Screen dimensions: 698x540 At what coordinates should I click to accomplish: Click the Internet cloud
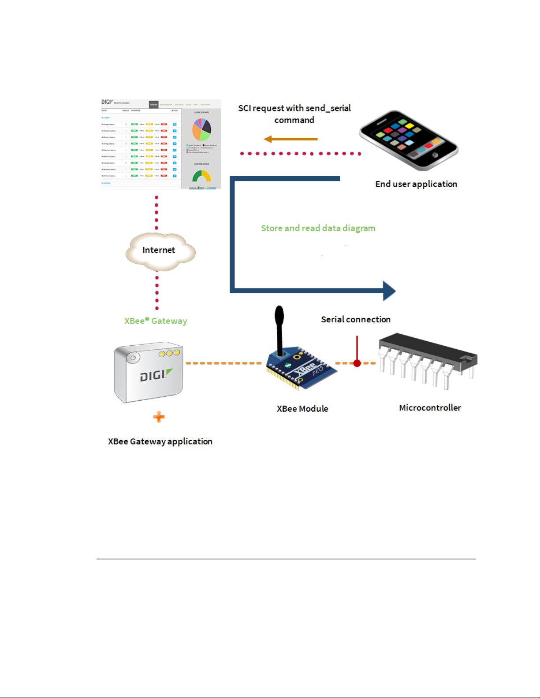(x=159, y=251)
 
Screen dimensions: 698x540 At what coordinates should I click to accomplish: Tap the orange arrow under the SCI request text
(x=290, y=139)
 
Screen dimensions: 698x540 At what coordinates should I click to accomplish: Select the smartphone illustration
(x=409, y=140)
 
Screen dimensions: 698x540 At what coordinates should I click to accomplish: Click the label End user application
(x=416, y=184)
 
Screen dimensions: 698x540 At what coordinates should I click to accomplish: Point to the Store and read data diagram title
(x=318, y=228)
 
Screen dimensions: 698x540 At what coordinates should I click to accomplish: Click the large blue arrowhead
(x=389, y=291)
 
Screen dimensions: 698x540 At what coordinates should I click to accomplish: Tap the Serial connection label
(x=355, y=319)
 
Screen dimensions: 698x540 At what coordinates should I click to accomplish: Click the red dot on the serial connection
(x=357, y=363)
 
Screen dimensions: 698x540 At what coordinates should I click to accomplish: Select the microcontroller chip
(x=427, y=358)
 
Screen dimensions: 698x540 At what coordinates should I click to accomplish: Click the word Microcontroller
(x=430, y=408)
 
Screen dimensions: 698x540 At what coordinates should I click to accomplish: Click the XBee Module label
(x=302, y=409)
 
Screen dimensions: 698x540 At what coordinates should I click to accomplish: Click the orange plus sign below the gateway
(x=159, y=417)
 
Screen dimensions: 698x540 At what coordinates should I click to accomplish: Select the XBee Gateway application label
(x=160, y=441)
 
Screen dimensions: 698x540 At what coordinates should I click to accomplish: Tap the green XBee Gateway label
(x=156, y=321)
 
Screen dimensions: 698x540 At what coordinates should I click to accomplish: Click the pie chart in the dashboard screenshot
(x=201, y=129)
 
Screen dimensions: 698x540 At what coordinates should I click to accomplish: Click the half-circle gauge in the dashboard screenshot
(x=201, y=177)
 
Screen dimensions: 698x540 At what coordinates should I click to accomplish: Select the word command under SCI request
(x=294, y=120)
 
